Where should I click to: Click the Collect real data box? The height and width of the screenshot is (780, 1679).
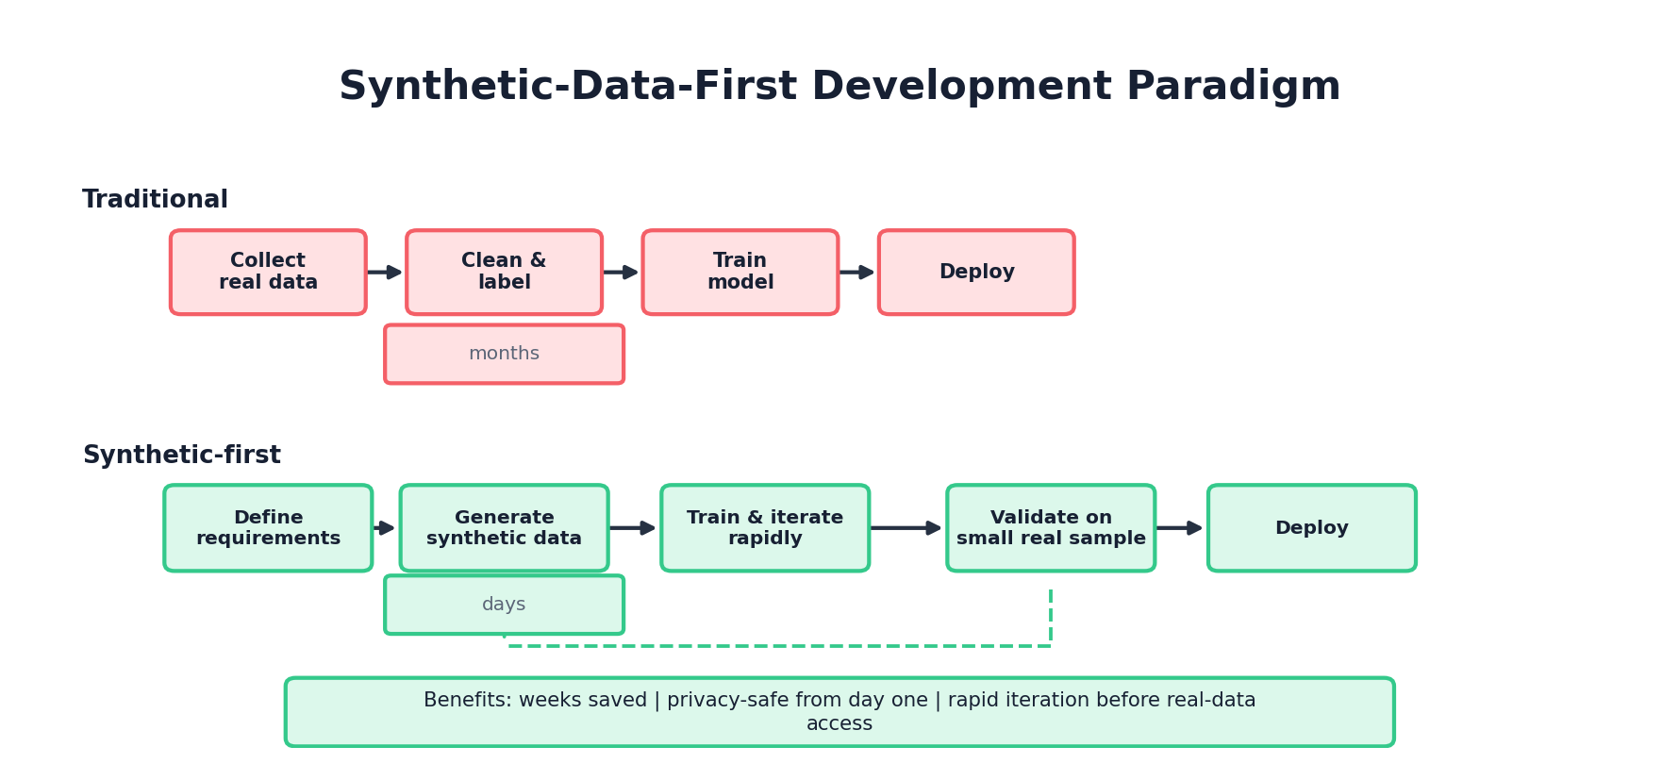268,272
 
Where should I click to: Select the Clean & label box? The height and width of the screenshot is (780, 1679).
504,272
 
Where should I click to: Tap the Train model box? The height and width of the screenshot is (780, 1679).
740,272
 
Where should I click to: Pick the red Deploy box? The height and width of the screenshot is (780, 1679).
976,272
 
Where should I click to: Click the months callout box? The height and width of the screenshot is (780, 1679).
504,354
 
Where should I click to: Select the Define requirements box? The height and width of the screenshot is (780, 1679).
268,528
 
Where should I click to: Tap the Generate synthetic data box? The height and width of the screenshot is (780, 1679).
504,528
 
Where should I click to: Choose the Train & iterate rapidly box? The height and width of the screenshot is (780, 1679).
765,528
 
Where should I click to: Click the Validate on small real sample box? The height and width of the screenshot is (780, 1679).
1051,528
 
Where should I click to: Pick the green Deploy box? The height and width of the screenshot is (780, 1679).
1311,528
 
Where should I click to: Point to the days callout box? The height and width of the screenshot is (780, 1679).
504,605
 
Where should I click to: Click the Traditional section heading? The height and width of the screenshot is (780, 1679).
155,200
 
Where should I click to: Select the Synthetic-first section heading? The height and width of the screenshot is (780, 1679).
181,456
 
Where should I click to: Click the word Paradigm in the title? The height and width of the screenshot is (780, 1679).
1233,87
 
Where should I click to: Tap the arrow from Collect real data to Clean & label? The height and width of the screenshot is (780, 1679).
385,272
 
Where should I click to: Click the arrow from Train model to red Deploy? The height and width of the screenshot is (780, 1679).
857,272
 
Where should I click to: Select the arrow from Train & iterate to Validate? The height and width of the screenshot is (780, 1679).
906,528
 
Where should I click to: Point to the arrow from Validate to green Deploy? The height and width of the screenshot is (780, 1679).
1180,528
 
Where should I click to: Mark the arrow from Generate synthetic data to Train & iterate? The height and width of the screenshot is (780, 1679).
633,528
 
